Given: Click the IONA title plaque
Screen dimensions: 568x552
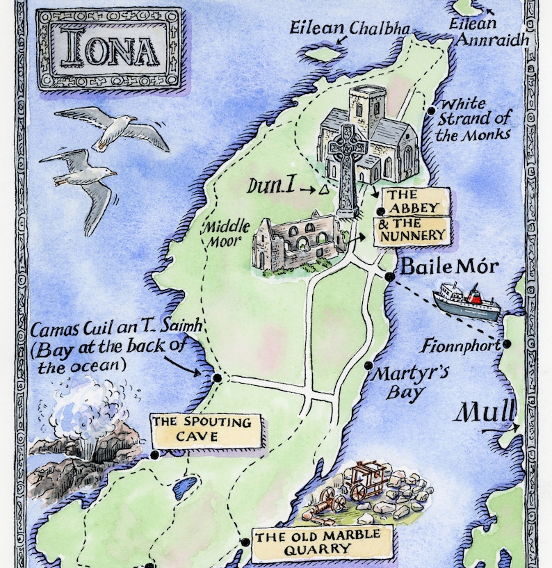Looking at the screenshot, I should coord(109,49).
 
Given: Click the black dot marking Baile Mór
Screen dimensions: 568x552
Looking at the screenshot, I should coord(390,277).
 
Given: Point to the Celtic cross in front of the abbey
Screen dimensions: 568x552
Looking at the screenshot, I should coord(347,167).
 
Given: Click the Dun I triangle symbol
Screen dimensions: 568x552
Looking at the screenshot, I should coord(324,189).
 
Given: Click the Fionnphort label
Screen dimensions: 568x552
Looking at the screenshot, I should coord(460,345).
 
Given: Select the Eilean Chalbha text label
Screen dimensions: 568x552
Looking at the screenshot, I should coord(350,29).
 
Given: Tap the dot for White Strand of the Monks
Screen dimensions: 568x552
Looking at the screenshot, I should coord(432,109).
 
